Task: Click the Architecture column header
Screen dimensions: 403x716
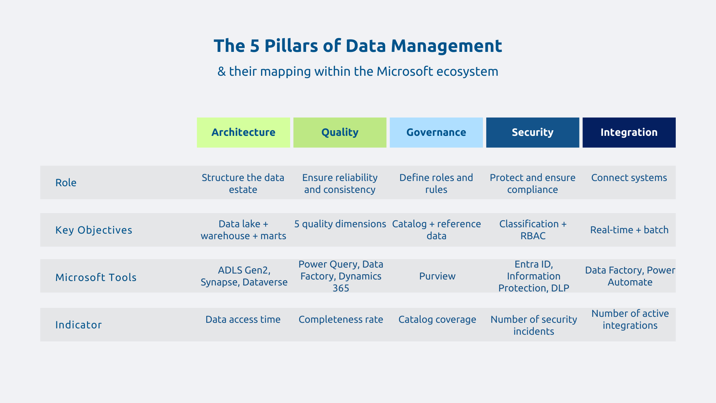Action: (x=243, y=132)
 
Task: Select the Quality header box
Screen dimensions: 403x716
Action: (x=340, y=132)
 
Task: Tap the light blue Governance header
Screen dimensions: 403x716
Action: (x=436, y=132)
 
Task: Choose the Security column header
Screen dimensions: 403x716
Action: (x=533, y=132)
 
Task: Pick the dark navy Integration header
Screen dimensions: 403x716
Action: (x=629, y=132)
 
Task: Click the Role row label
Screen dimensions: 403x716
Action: (x=66, y=182)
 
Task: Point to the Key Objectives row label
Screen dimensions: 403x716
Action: (x=94, y=230)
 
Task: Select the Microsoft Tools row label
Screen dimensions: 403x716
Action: (x=96, y=277)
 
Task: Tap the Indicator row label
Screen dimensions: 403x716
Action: (x=78, y=325)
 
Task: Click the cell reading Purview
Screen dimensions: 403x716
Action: (x=437, y=276)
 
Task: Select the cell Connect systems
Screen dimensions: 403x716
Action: (x=629, y=178)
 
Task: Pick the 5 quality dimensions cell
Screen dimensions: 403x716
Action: (x=340, y=224)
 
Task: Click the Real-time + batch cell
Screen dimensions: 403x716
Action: (x=629, y=230)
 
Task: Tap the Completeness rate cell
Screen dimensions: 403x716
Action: (x=340, y=319)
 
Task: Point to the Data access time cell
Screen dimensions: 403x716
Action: (x=243, y=319)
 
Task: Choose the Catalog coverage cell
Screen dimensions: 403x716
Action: (x=437, y=319)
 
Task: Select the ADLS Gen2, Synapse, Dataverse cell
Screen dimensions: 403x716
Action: (x=244, y=276)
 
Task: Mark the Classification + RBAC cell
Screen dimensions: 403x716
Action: (x=533, y=230)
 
